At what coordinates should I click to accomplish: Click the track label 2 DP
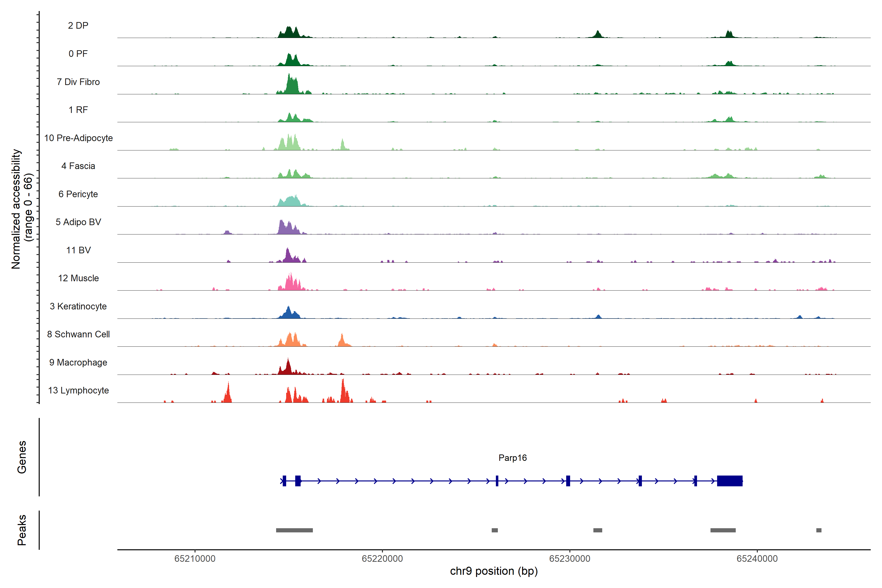[78, 25]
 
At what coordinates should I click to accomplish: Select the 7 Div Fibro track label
[78, 82]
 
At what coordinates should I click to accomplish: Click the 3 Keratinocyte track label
[78, 306]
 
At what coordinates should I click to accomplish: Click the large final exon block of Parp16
[729, 481]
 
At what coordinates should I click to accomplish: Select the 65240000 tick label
[757, 558]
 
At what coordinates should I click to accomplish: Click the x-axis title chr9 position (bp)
[493, 571]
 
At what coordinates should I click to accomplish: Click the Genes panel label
[22, 457]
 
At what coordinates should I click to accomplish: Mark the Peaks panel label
[22, 530]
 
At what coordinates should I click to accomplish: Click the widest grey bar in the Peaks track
[294, 530]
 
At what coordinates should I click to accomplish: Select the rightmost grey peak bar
[819, 530]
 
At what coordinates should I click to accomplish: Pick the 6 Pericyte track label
[78, 194]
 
